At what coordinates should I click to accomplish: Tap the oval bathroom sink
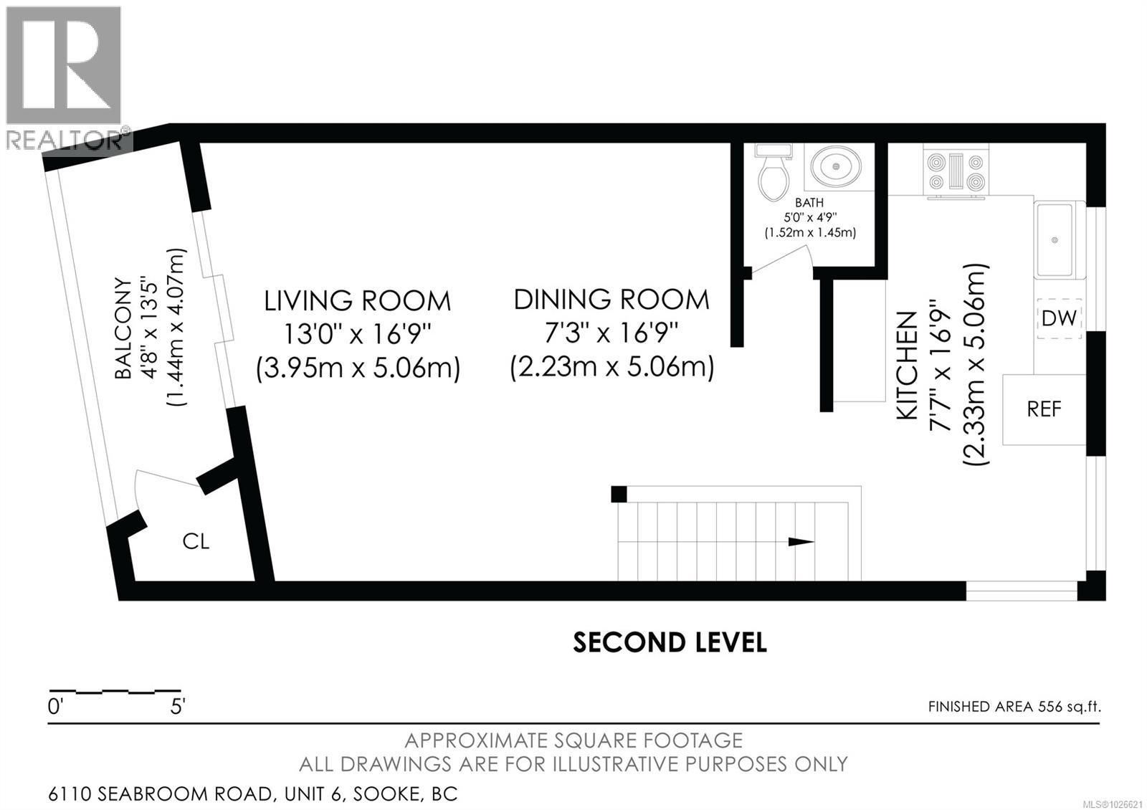[837, 167]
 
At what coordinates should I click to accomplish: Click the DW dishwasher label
[1059, 318]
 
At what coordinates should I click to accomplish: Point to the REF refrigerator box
[1044, 409]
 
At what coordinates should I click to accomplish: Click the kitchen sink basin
[1055, 239]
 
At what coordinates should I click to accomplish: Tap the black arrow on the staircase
[801, 542]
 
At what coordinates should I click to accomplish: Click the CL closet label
[196, 541]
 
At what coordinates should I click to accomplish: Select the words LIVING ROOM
[358, 300]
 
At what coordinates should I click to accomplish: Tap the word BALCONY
[123, 328]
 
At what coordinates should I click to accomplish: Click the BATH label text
[809, 203]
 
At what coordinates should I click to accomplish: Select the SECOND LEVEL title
[670, 642]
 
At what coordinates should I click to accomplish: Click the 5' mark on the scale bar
[177, 707]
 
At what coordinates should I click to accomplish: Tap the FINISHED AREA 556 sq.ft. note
[1014, 707]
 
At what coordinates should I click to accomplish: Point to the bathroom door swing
[781, 259]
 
